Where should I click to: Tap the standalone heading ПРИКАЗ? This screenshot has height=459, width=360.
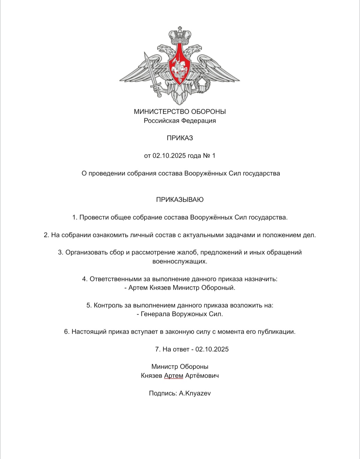(180, 138)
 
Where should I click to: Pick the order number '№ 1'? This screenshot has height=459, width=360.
(209, 156)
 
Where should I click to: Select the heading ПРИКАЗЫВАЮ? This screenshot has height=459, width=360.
(180, 200)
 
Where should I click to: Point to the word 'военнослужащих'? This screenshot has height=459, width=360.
(180, 261)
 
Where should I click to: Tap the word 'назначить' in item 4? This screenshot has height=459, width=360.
(261, 279)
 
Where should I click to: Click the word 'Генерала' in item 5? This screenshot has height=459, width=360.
(155, 314)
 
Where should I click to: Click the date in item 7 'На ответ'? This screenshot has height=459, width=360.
(212, 349)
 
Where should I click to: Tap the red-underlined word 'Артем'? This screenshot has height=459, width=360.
(174, 376)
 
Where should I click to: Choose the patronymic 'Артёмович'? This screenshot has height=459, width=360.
(202, 376)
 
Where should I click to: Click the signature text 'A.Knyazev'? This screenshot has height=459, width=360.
(195, 393)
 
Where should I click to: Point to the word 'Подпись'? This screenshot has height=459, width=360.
(163, 393)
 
